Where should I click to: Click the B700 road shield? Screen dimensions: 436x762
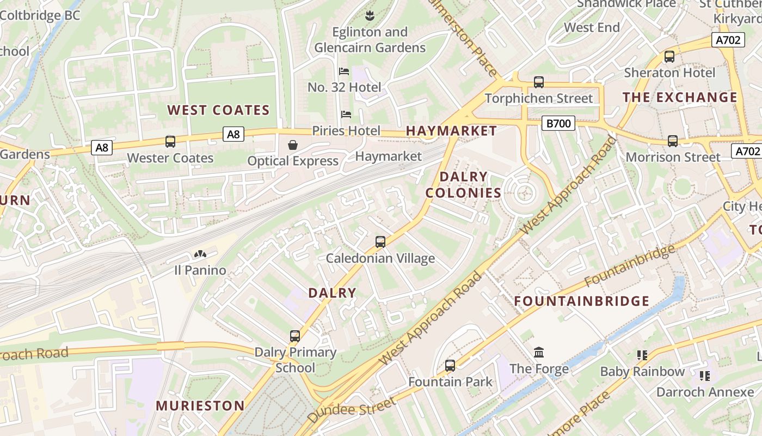coord(558,124)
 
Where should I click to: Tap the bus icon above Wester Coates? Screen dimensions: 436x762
coord(170,142)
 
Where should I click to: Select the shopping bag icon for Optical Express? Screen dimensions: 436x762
coord(293,144)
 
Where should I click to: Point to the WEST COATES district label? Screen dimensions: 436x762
coord(218,110)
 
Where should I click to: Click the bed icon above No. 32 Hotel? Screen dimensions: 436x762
coord(344,71)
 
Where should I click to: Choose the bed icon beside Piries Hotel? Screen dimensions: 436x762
coord(346,114)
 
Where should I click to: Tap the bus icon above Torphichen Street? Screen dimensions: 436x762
coord(539,82)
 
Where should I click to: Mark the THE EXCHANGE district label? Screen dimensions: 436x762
coord(680,98)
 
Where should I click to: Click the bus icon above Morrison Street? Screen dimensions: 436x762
coord(673,141)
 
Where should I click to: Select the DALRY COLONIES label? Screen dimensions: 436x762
coord(463,185)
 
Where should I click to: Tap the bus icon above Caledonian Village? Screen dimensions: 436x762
coord(380,241)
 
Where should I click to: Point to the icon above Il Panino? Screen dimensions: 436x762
coord(200,254)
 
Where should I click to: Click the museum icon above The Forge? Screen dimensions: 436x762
coord(539,352)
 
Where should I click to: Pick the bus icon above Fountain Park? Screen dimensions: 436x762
coord(450,365)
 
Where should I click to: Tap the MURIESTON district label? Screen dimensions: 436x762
coord(200,405)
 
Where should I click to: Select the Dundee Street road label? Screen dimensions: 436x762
coord(352,410)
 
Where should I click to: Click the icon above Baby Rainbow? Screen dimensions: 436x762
coord(642,355)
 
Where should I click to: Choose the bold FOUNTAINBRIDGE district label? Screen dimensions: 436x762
coord(582,301)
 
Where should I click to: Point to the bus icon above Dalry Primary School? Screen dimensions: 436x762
coord(295,336)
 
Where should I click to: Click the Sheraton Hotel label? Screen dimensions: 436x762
coord(669,72)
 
